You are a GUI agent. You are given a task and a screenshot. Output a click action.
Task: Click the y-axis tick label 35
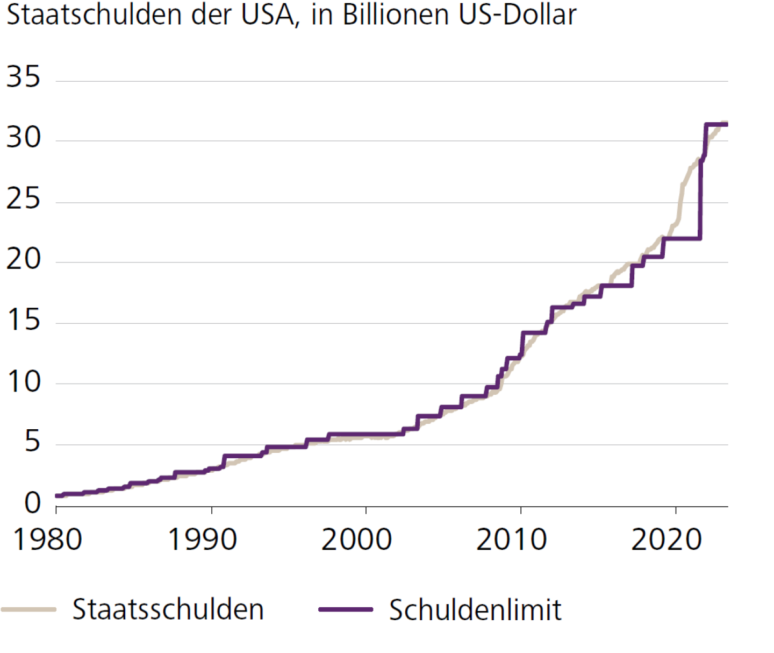tap(23, 77)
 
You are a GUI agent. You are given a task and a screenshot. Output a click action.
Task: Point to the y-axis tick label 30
tap(23, 138)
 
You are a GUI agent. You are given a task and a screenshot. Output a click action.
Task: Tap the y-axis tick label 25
tap(23, 199)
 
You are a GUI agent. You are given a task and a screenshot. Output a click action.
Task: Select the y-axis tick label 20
tap(23, 259)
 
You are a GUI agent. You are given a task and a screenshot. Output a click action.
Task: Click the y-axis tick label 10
tap(23, 381)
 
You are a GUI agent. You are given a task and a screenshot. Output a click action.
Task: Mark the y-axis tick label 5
tap(32, 442)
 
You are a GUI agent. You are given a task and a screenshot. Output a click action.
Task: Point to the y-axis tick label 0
tap(32, 503)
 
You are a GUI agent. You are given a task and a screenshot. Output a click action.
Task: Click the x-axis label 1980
tap(47, 540)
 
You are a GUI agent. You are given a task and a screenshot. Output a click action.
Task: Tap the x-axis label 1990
tap(203, 540)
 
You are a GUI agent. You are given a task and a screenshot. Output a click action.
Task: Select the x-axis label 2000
tap(357, 540)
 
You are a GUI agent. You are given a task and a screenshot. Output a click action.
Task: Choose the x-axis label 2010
tap(512, 540)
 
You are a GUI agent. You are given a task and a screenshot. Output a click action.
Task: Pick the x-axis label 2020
tap(666, 540)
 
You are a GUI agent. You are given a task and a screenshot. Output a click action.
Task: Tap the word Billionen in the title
tap(396, 15)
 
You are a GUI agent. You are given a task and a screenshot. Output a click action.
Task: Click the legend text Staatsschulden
tap(168, 609)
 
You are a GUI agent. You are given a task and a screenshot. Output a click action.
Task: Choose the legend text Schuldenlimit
tap(475, 610)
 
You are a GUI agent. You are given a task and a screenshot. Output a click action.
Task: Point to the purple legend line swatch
tap(346, 609)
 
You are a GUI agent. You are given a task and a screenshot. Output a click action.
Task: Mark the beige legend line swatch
tap(29, 609)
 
